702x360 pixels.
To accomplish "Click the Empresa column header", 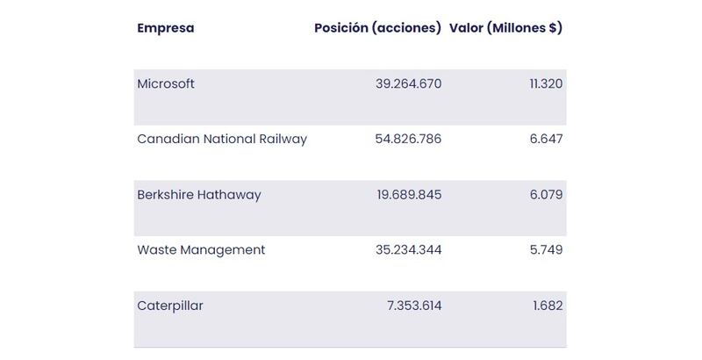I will point(166,28).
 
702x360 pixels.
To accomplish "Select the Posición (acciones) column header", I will point(377,28).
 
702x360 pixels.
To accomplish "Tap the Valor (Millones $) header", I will point(505,28).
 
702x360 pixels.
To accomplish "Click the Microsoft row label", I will point(166,84).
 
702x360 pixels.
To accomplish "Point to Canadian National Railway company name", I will point(222,140).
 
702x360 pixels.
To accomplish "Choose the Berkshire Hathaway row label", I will point(199,195).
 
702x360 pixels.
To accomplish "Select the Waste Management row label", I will point(201,250).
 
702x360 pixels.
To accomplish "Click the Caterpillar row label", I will point(170,306).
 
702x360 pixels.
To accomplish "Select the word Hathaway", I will point(232,195).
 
